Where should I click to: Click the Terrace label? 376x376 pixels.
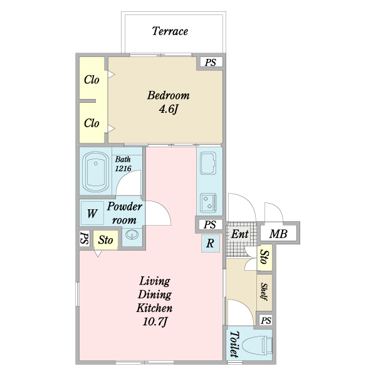tap(170, 31)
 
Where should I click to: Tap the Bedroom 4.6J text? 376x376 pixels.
tap(169, 102)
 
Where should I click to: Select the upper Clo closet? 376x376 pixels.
tap(92, 78)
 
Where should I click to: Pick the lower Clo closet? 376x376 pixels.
tap(92, 123)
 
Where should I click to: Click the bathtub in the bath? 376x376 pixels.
tap(96, 171)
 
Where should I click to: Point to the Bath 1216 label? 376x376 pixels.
tap(123, 164)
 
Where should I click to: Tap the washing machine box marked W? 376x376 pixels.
tap(92, 213)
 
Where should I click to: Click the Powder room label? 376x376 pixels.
tap(125, 213)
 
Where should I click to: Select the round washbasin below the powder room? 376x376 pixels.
tap(132, 234)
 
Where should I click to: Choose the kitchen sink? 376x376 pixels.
tap(208, 164)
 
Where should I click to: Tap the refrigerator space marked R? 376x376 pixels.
tap(211, 243)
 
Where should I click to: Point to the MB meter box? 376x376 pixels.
tap(278, 234)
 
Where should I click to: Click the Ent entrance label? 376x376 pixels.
tap(239, 234)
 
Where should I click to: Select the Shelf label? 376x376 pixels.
tap(264, 291)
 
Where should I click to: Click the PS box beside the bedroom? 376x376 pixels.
tap(211, 62)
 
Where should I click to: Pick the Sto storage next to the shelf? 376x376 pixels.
tap(264, 258)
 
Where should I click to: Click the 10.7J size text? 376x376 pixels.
tap(155, 322)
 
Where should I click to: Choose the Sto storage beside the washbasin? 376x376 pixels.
tap(105, 240)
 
